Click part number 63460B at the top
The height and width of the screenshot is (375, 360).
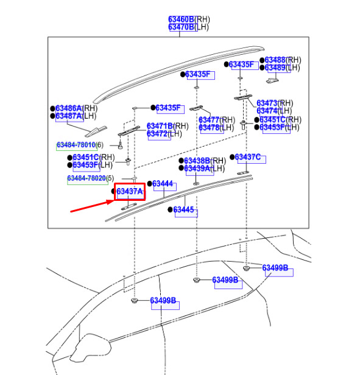tap(181, 19)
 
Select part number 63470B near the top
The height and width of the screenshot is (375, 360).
tap(181, 27)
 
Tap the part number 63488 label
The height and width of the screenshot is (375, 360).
tap(275, 60)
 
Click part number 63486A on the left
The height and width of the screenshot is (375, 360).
tap(68, 108)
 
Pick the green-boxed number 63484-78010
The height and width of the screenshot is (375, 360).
tap(76, 145)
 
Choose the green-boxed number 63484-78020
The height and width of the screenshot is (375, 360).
tap(86, 178)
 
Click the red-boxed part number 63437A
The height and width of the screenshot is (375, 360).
tap(130, 191)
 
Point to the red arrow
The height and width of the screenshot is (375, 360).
tap(92, 206)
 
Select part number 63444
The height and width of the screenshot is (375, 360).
tap(162, 184)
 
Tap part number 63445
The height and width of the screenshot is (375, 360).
tap(183, 210)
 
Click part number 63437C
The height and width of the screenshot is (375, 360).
tap(247, 157)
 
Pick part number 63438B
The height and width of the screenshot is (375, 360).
tap(197, 161)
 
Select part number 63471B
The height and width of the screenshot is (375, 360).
tap(160, 126)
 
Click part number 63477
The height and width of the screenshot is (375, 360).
tap(209, 120)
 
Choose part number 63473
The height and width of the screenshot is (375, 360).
tap(267, 103)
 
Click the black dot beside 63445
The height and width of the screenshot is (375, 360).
tap(170, 210)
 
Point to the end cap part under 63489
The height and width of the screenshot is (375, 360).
tap(273, 81)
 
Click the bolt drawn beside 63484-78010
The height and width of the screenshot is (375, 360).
tap(121, 145)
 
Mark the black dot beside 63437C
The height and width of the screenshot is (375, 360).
tap(232, 157)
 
